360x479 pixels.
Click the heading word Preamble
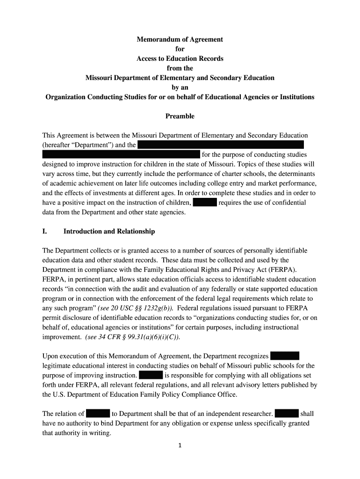(x=180, y=116)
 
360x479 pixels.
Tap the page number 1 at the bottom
(x=180, y=445)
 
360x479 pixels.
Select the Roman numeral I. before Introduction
(x=45, y=232)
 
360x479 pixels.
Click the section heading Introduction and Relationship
(x=109, y=232)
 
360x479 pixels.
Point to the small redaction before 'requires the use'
(x=204, y=203)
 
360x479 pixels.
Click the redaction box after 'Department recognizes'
(x=285, y=356)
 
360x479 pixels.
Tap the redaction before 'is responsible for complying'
(x=151, y=375)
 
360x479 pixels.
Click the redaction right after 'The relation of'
(x=98, y=414)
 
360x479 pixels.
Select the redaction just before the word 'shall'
(x=287, y=414)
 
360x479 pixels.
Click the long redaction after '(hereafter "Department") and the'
(x=221, y=145)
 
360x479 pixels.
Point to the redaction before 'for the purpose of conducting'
(x=121, y=154)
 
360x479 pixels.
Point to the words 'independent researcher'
(x=238, y=414)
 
